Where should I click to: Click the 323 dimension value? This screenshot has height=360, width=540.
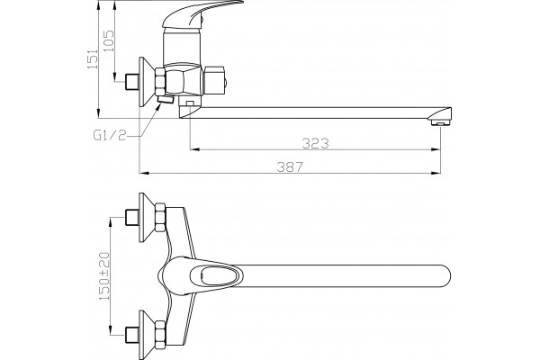(x=316, y=143)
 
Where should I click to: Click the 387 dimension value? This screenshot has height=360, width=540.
(x=290, y=166)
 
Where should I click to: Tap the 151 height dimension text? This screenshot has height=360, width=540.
(x=93, y=58)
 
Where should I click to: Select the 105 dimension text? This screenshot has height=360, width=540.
(x=109, y=40)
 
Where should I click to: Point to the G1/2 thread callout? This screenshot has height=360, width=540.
(x=110, y=135)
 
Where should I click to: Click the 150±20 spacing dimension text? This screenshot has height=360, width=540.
(x=104, y=275)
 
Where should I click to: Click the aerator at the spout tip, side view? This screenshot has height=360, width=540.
(x=441, y=122)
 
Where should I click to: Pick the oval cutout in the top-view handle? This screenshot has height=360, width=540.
(x=217, y=275)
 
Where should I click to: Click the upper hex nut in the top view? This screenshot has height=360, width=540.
(x=160, y=218)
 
